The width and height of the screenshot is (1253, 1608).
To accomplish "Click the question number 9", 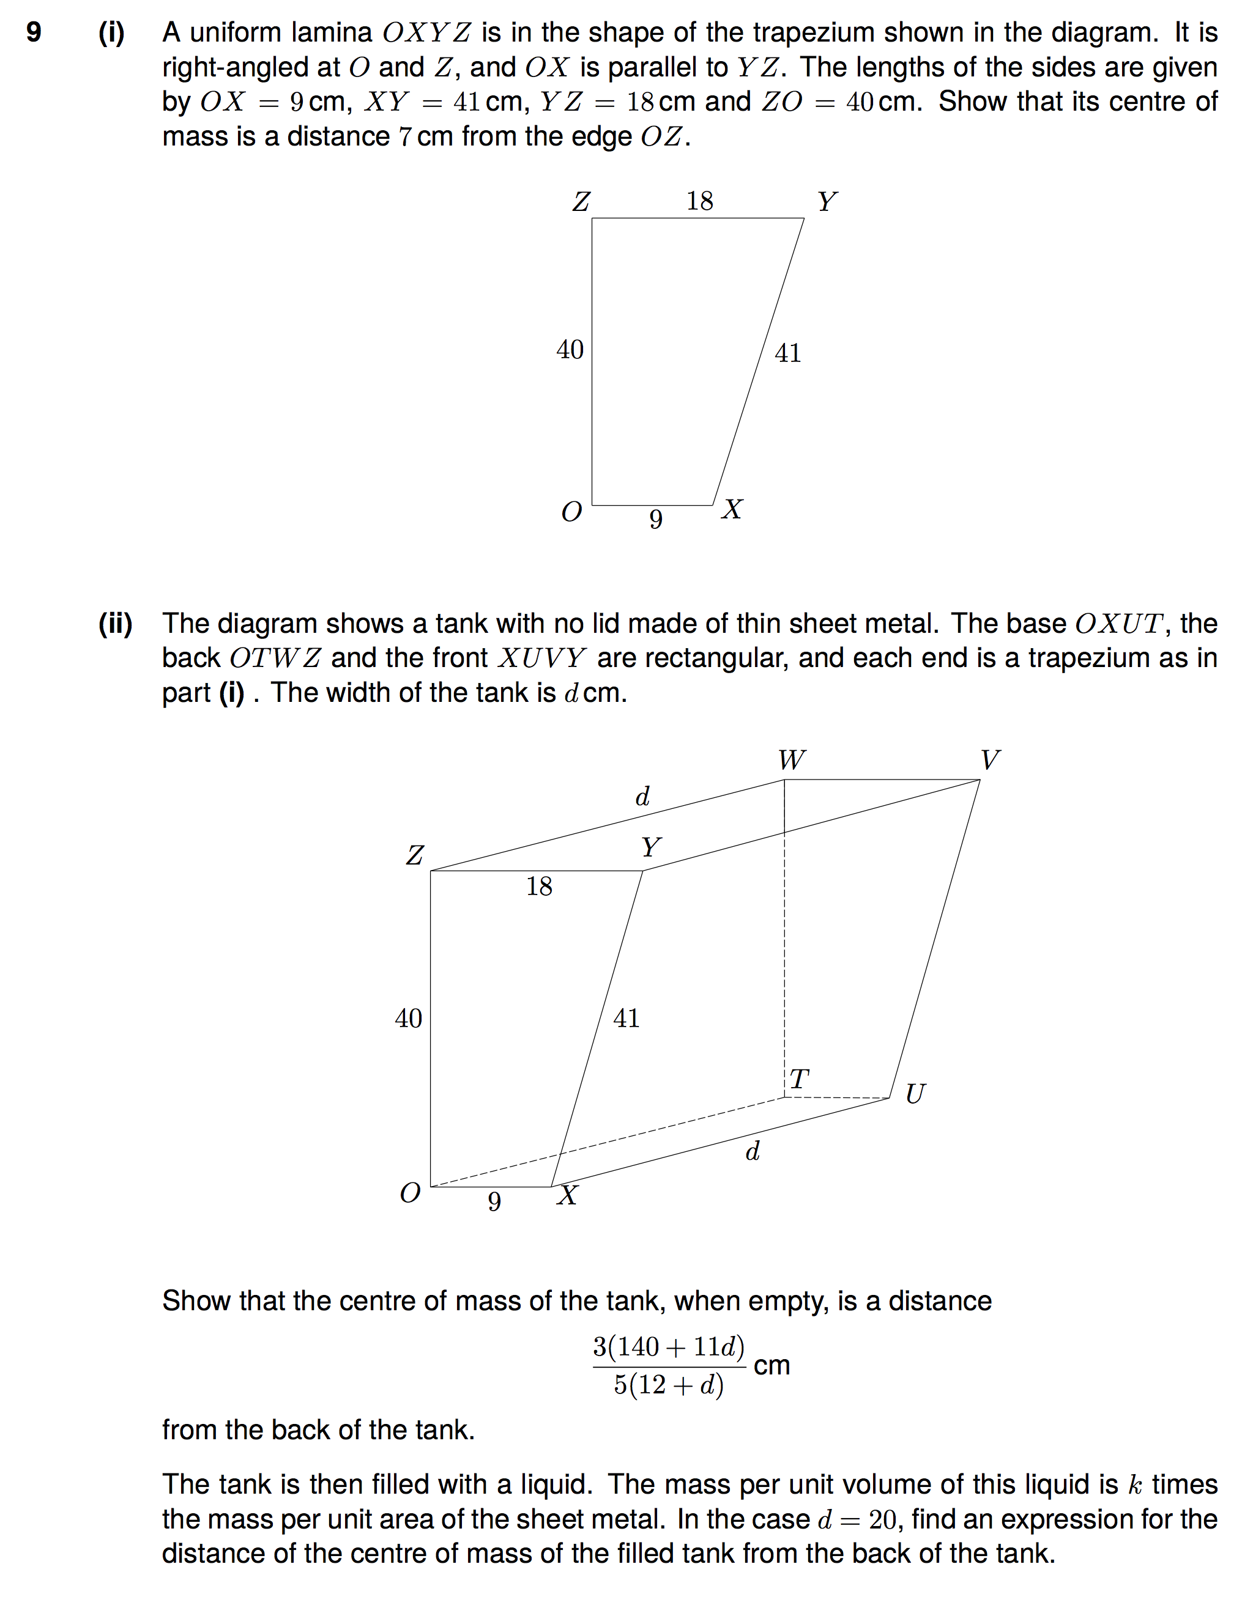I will point(34,32).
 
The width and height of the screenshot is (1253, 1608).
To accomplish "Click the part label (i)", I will point(112,32).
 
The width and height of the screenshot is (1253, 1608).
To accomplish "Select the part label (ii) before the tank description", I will point(116,624).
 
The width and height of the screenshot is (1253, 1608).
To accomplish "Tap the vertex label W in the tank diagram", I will point(792,760).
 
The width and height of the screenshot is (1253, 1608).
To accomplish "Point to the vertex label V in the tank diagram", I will point(990,760).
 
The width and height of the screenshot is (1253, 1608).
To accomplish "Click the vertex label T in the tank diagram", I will point(799,1079).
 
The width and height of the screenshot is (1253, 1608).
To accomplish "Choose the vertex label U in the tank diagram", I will point(915,1094).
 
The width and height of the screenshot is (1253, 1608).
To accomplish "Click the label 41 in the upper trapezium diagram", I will point(787,353).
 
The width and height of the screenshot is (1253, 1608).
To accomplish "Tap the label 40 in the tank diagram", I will point(408,1018).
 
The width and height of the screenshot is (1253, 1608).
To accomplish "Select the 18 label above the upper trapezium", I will point(700,201).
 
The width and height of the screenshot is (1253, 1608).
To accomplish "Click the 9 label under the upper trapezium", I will point(656,520).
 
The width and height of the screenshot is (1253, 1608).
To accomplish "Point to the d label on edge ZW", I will point(642,797).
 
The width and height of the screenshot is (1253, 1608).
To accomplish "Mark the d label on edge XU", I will point(752,1151).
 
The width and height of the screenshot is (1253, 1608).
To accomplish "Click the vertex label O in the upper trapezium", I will point(571,512).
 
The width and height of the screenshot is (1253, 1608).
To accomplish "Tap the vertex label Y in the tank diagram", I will point(650,847).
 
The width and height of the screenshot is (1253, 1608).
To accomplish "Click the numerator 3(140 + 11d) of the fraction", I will point(669,1347).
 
